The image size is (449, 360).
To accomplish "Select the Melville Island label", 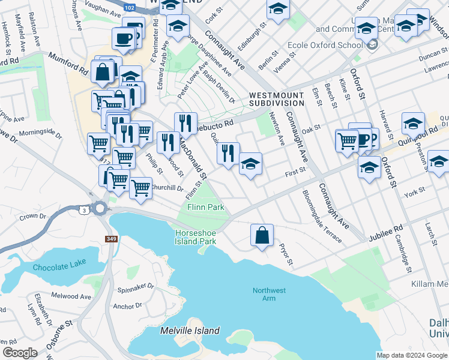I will coord(190,331).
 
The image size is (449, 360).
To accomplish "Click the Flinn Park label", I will coord(206,207).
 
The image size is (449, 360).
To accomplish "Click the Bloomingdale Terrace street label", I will coord(322,217).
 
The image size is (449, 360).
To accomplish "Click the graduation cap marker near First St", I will coord(250,164).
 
